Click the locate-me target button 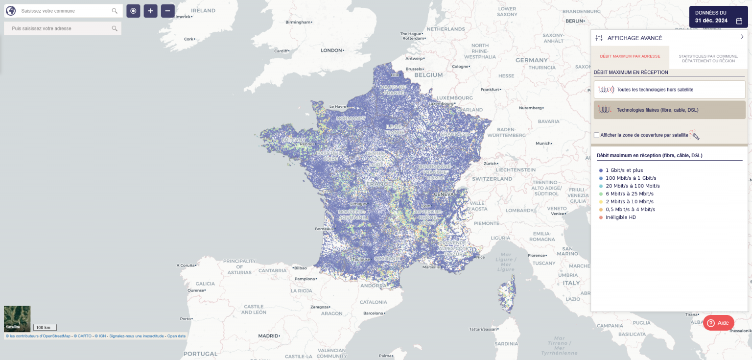(x=133, y=11)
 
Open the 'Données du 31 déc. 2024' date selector (x=718, y=17)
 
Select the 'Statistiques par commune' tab (x=708, y=58)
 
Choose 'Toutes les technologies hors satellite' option (x=669, y=90)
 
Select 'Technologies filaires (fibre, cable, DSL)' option (x=669, y=110)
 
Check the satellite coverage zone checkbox (x=596, y=135)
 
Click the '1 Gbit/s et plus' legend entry (x=624, y=170)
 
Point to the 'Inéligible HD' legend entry (x=620, y=217)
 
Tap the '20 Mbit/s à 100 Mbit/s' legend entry (x=632, y=186)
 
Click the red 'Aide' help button (x=718, y=323)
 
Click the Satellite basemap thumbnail (x=17, y=319)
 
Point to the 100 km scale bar (x=45, y=327)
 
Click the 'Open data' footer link (x=176, y=336)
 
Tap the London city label (x=331, y=50)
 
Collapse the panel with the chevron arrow (x=742, y=37)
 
